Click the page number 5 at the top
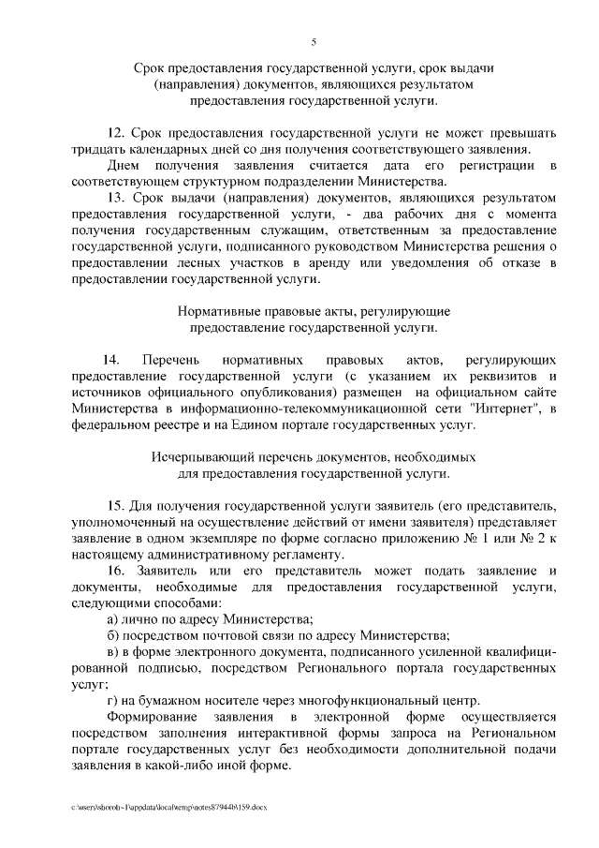314,40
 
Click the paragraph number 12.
115,132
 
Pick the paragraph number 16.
115,571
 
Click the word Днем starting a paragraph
123,165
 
